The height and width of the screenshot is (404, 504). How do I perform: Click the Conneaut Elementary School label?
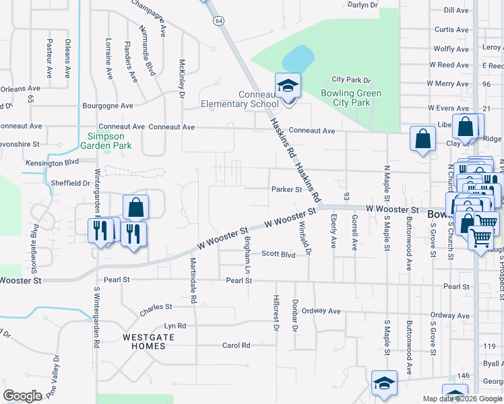(x=239, y=99)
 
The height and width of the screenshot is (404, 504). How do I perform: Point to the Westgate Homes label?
(x=144, y=341)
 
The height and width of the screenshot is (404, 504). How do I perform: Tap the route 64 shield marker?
(x=220, y=22)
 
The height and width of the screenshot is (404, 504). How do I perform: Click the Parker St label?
(x=286, y=190)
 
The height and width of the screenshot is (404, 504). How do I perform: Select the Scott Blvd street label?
(x=278, y=255)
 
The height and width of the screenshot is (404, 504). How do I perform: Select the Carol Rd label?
(x=236, y=345)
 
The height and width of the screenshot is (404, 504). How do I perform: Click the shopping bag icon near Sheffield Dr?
(x=135, y=207)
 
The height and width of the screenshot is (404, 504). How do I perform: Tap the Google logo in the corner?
(x=22, y=396)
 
